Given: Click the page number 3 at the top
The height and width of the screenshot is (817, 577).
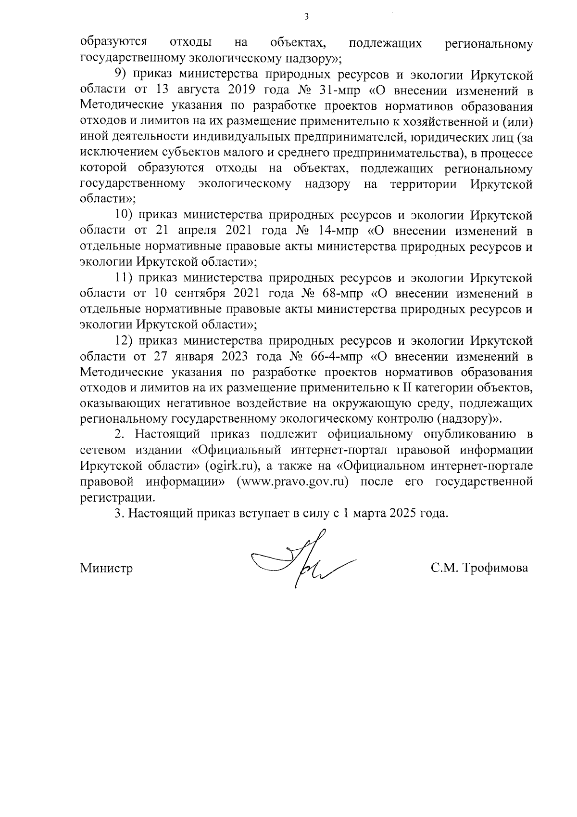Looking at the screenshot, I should [x=306, y=18].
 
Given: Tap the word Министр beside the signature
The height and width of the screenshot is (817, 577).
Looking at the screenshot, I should [x=106, y=569].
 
